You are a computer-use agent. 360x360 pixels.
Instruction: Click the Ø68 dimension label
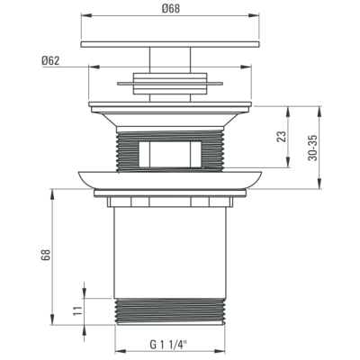pyautogui.click(x=171, y=8)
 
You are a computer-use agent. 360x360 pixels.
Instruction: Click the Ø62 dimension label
pyautogui.click(x=50, y=61)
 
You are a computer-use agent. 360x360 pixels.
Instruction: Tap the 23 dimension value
pyautogui.click(x=282, y=137)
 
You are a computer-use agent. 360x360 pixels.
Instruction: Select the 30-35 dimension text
pyautogui.click(x=313, y=148)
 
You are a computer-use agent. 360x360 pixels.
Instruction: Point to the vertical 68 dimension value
pyautogui.click(x=46, y=256)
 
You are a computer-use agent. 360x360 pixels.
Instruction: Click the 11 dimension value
pyautogui.click(x=77, y=310)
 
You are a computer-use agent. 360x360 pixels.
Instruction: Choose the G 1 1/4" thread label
pyautogui.click(x=168, y=345)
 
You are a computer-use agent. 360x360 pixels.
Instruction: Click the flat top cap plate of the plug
pyautogui.click(x=170, y=44)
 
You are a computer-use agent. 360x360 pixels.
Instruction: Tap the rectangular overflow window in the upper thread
pyautogui.click(x=170, y=154)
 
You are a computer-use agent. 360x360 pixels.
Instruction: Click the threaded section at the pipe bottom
pyautogui.click(x=170, y=311)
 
